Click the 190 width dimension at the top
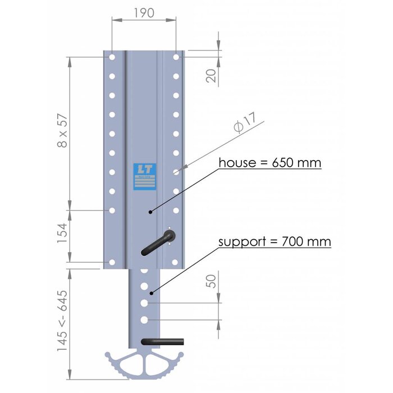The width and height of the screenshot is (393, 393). [144, 12]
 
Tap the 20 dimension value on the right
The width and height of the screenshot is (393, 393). [212, 75]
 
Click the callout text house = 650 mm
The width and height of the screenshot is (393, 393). [270, 163]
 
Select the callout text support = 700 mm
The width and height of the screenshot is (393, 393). [275, 242]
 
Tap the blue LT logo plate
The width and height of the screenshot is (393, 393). [145, 177]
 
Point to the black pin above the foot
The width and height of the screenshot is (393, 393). [163, 341]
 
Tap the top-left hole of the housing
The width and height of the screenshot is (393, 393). [112, 57]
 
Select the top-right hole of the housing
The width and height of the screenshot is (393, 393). [176, 57]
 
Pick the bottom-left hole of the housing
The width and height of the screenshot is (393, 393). [112, 262]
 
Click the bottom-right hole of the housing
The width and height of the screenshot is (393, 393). [176, 262]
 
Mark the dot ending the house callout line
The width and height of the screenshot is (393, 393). [150, 212]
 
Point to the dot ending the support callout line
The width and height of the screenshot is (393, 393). [151, 293]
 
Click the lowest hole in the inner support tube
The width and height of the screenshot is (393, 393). [144, 319]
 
